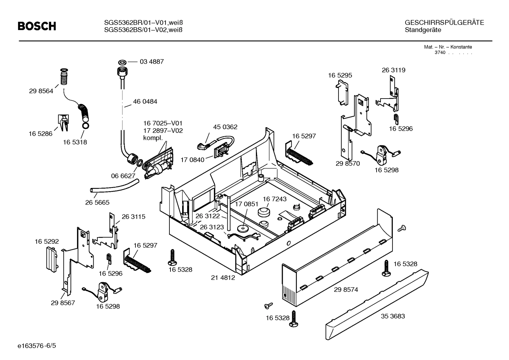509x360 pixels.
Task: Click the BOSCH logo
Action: click(x=37, y=26)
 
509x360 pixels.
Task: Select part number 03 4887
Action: click(x=152, y=62)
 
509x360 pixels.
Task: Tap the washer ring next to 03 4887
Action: click(x=122, y=61)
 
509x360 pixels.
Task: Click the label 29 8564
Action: click(x=41, y=91)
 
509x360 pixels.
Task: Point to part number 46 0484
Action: click(x=145, y=102)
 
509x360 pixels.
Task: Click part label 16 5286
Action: click(x=40, y=134)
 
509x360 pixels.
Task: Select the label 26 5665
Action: click(x=97, y=203)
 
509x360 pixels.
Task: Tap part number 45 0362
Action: click(x=225, y=127)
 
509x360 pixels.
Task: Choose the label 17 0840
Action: click(x=192, y=160)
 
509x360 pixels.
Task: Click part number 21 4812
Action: click(x=223, y=278)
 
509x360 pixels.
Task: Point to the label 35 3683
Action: click(x=393, y=316)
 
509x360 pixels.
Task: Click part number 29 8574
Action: click(x=346, y=290)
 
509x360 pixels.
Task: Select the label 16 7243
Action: click(x=275, y=199)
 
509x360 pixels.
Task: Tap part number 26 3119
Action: click(x=393, y=70)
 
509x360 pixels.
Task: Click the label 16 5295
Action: click(x=340, y=76)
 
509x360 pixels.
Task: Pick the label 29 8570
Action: click(x=348, y=164)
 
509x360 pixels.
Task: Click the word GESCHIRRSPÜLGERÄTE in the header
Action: click(x=444, y=23)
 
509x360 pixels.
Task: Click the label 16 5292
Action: click(x=47, y=242)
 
